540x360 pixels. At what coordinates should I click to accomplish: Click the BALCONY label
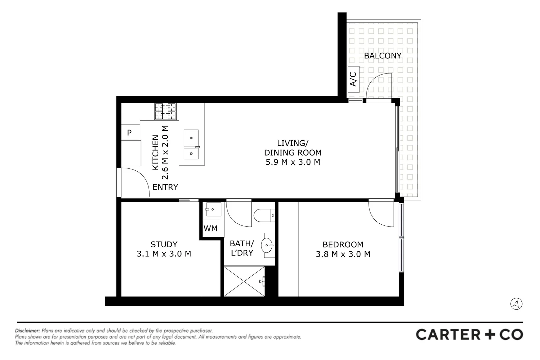(383, 56)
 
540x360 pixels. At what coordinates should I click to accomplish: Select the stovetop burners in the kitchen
(165, 111)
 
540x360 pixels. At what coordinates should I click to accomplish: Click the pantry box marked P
(130, 133)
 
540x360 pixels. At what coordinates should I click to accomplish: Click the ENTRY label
(165, 187)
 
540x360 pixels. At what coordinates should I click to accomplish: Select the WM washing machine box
(211, 228)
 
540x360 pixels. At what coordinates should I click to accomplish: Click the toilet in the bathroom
(264, 215)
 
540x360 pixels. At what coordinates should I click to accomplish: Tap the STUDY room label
(164, 244)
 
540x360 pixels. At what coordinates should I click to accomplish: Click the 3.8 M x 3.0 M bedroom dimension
(343, 254)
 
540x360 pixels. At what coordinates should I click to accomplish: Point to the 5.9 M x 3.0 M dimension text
(293, 162)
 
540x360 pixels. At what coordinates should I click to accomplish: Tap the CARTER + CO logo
(469, 334)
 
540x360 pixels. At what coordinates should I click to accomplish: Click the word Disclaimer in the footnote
(27, 331)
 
